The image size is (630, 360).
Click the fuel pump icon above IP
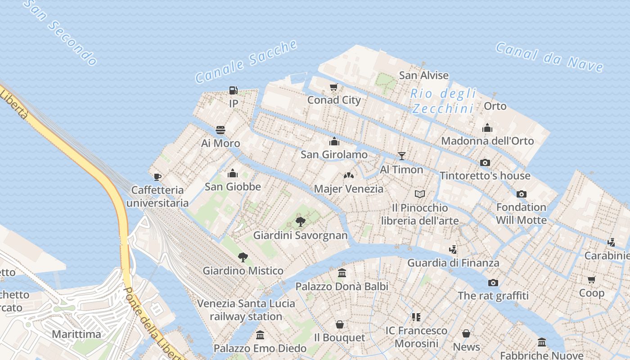coord(233,90)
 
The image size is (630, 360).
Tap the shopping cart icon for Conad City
coord(333,87)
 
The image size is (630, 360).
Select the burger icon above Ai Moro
coord(220,130)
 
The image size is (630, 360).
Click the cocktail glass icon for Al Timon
coord(402,156)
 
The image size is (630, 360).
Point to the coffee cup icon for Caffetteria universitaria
coord(157,177)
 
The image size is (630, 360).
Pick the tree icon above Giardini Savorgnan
coord(300,221)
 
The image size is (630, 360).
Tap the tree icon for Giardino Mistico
coord(243,257)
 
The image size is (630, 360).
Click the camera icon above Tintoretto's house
coord(485,162)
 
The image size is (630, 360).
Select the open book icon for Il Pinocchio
coord(420,194)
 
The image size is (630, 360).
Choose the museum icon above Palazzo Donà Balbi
coord(342,273)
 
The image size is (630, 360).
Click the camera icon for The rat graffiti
coord(493,283)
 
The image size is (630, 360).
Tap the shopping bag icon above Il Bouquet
coord(340,324)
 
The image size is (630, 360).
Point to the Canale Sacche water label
coord(247,62)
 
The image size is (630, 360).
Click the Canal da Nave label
coord(549,58)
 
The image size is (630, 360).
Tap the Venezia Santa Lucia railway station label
coord(246,310)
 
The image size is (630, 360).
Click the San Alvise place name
coord(424,75)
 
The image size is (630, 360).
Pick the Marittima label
coord(76,334)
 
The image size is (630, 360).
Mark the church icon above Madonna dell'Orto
coord(487,128)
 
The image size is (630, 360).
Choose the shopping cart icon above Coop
coord(591,279)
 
